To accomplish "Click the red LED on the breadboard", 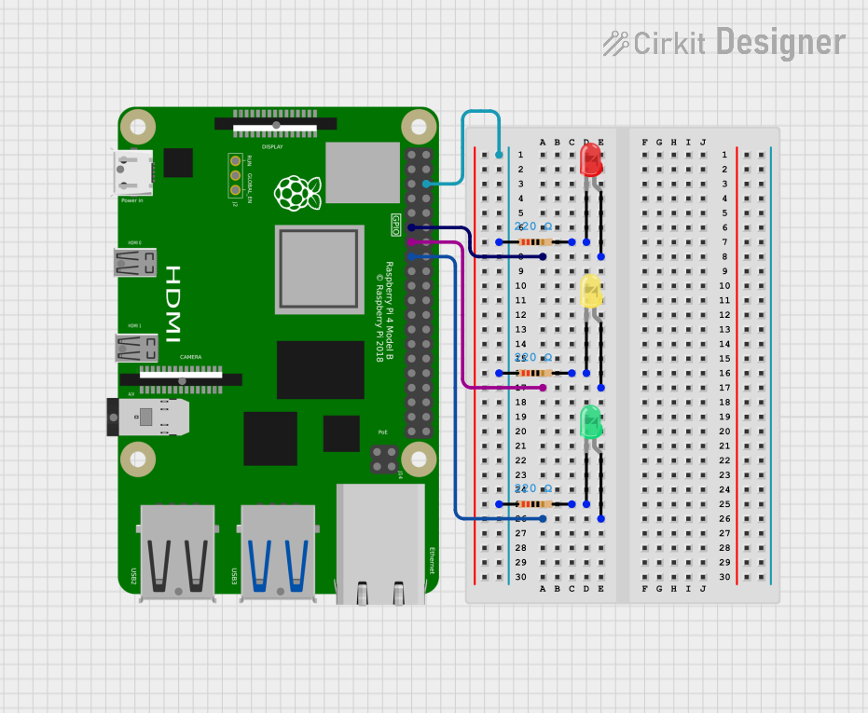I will [591, 159].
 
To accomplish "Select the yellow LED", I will [591, 291].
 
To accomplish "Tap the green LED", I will [591, 422].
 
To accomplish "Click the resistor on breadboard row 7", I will [535, 242].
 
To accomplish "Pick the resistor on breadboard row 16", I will [535, 373].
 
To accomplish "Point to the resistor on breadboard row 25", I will [535, 504].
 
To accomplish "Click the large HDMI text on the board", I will [174, 304].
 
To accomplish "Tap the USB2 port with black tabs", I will [177, 550].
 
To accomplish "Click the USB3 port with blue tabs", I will [278, 550].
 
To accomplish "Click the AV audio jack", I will [149, 417].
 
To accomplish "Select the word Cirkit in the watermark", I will [668, 43].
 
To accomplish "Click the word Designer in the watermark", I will [780, 43].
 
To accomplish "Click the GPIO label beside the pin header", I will [396, 225].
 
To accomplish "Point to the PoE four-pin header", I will [383, 459].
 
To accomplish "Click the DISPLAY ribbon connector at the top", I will [276, 124].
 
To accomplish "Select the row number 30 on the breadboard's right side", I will [724, 577].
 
